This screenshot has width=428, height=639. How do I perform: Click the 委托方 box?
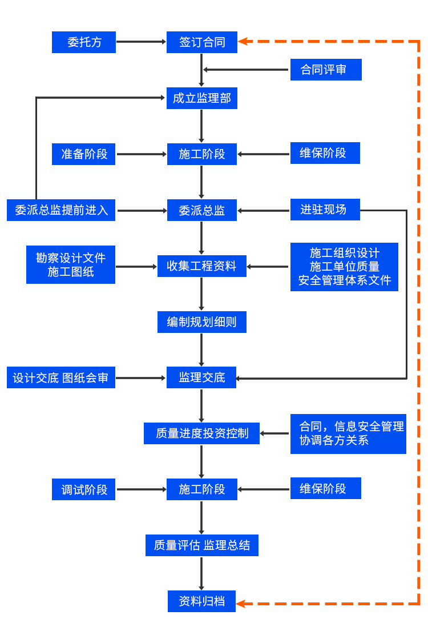point(83,42)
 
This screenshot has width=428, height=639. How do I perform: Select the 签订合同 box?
point(201,42)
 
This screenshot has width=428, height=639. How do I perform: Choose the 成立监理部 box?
point(201,98)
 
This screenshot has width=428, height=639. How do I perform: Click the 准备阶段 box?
point(83,154)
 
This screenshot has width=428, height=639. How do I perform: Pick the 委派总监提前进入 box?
point(61,210)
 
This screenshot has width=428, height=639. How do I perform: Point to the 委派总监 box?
point(201,210)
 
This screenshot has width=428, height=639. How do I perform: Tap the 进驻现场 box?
point(325,209)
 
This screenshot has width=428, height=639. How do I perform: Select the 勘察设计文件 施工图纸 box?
point(70,264)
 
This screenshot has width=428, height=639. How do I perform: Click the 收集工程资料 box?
point(201,266)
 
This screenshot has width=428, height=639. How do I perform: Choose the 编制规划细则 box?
point(201,322)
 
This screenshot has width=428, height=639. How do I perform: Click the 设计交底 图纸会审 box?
point(60,377)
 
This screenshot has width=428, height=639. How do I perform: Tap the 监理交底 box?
point(201,377)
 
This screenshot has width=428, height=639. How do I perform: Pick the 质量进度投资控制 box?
point(201,433)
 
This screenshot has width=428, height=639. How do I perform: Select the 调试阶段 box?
point(83,489)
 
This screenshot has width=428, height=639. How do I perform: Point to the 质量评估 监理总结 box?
point(201,545)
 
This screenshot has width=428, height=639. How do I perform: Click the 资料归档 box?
point(201,601)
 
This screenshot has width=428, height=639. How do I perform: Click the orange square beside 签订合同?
point(243,41)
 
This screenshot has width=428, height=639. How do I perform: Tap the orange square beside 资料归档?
point(241,604)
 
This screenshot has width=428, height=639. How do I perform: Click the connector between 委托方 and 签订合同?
point(141,42)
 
